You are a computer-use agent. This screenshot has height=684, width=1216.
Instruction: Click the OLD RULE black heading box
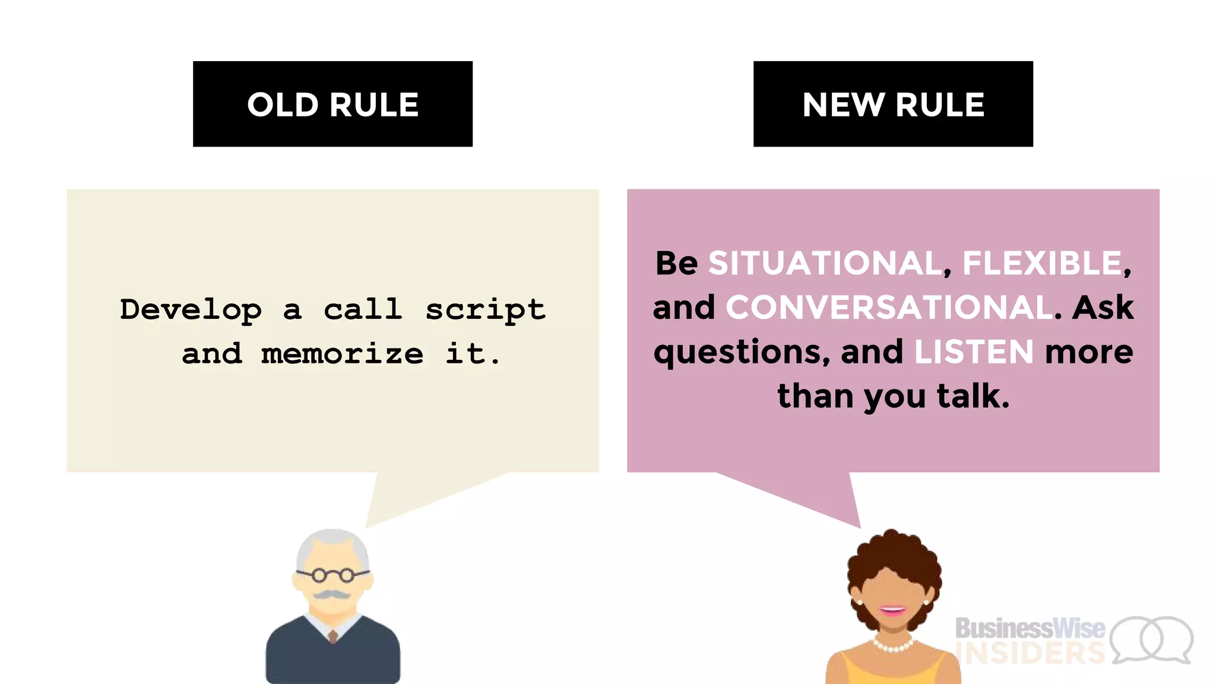coord(332,104)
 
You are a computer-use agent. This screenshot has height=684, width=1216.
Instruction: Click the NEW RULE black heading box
coord(893,104)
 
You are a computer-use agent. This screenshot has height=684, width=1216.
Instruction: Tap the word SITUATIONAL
coord(824,263)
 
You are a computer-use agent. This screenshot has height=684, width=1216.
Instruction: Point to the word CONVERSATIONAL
coord(889,308)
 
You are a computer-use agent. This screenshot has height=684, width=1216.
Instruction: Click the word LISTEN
coord(974,351)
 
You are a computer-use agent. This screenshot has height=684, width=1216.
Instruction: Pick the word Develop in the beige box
coord(191,309)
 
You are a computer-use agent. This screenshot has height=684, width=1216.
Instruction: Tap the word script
coord(485,309)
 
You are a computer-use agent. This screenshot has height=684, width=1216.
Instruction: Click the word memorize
coord(342,354)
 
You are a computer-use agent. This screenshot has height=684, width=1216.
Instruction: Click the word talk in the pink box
coord(973,396)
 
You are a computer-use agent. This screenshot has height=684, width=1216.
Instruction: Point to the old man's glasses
coord(333,575)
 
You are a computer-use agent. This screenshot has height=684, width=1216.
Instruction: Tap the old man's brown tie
coord(333,636)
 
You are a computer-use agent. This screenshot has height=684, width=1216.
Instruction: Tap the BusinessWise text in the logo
coord(1030,628)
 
